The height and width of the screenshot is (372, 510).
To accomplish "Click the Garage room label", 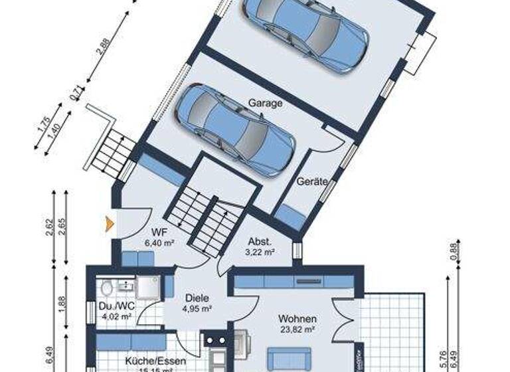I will coord(266,103).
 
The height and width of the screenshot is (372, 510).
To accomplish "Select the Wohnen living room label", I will coord(297,319).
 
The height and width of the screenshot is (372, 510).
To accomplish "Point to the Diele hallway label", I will coord(197,298).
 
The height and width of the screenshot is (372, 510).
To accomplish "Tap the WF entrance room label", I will coord(159,233).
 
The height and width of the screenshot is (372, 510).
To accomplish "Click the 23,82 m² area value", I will coord(297,329).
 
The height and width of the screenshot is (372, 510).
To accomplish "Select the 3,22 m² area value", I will coord(260,252).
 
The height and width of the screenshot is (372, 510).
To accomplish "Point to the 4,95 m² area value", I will coord(197,308).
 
